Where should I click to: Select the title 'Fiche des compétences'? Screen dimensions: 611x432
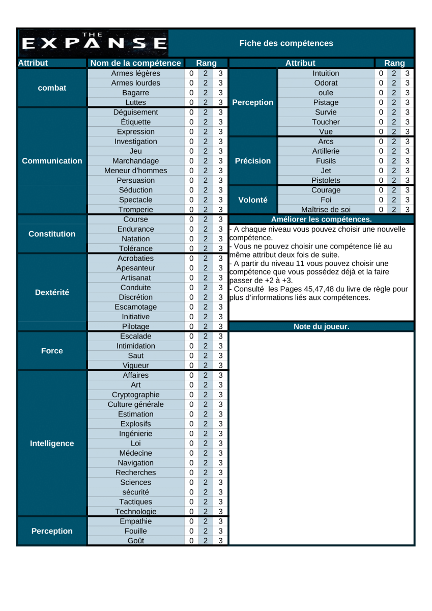point(286,43)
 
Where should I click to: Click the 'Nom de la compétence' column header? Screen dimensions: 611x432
point(135,63)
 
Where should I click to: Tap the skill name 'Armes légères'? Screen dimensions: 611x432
point(135,73)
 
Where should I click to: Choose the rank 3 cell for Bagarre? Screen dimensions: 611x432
point(220,93)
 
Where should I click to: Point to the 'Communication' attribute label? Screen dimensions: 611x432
point(52,161)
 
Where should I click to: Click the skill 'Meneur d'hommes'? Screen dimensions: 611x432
point(135,171)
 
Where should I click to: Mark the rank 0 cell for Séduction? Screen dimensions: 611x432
point(191,190)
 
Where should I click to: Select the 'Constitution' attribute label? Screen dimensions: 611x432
point(52,234)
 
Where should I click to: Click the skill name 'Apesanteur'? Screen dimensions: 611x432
point(135,268)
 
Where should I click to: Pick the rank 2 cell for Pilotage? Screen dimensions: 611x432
point(206,326)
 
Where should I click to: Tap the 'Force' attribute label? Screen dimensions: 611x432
point(52,351)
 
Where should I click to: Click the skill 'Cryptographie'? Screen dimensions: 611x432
point(135,395)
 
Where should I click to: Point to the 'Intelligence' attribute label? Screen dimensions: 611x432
point(52,443)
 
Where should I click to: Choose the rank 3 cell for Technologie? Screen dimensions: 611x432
point(220,512)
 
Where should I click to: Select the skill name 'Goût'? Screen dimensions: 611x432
point(135,541)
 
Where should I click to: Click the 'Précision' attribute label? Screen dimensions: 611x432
point(253,161)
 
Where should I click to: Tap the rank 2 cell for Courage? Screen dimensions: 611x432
point(394,190)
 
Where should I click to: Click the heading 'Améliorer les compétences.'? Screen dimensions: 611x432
point(322,219)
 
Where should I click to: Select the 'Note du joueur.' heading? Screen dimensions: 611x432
point(322,326)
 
